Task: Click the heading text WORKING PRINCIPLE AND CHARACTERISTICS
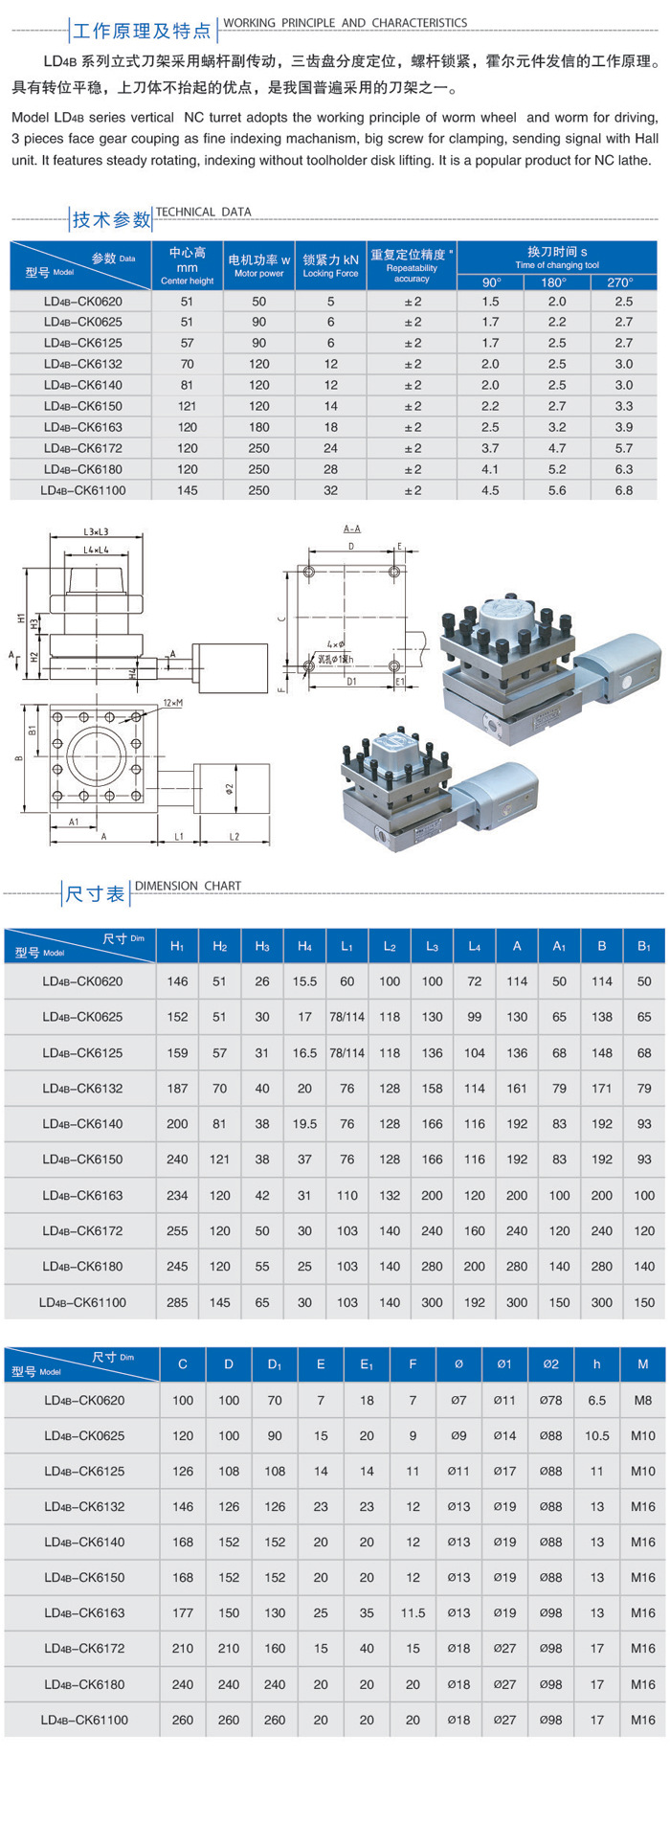pos(345,23)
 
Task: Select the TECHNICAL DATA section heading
pos(203,212)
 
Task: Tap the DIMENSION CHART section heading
pos(188,886)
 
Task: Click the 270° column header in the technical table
pos(620,282)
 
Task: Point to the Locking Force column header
pos(330,265)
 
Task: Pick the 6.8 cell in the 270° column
pos(623,490)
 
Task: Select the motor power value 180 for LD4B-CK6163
pos(258,427)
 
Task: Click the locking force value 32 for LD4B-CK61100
pos(330,490)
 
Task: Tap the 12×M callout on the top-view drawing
pos(172,703)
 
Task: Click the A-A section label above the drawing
pos(351,529)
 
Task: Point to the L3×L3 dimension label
pos(96,531)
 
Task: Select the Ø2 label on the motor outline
pos(230,788)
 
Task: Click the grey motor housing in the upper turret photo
pos(617,675)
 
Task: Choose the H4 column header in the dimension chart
pos(304,946)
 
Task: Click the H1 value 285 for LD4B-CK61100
pos(177,1302)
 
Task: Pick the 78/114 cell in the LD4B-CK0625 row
pos(346,1017)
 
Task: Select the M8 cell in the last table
pos(642,1400)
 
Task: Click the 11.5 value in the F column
pos(413,1612)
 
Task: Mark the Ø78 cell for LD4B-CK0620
pos(550,1400)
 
